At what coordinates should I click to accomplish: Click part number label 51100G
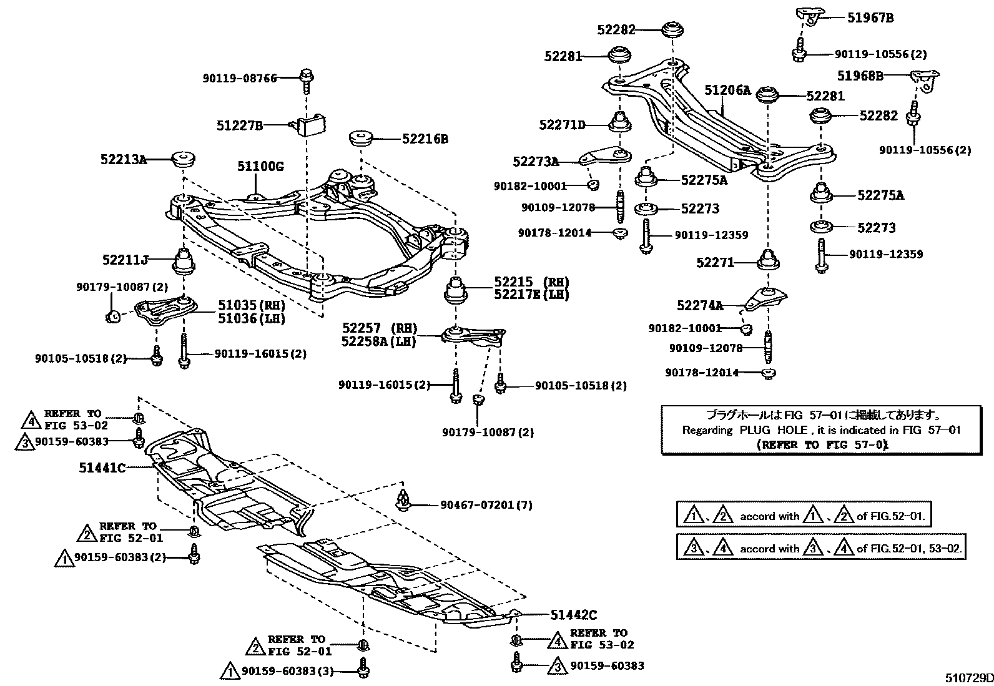(260, 167)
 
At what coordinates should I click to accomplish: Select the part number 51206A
(727, 91)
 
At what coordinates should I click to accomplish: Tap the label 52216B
(425, 139)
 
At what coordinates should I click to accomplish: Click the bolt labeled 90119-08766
(307, 77)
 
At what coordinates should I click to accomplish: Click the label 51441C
(102, 467)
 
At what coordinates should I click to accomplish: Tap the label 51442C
(574, 615)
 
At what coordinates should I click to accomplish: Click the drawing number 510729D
(967, 678)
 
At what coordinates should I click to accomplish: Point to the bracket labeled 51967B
(807, 16)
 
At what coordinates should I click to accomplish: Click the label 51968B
(860, 76)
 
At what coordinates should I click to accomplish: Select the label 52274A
(699, 305)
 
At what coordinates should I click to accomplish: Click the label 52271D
(562, 125)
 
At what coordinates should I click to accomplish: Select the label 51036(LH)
(251, 318)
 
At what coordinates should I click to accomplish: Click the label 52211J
(125, 258)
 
